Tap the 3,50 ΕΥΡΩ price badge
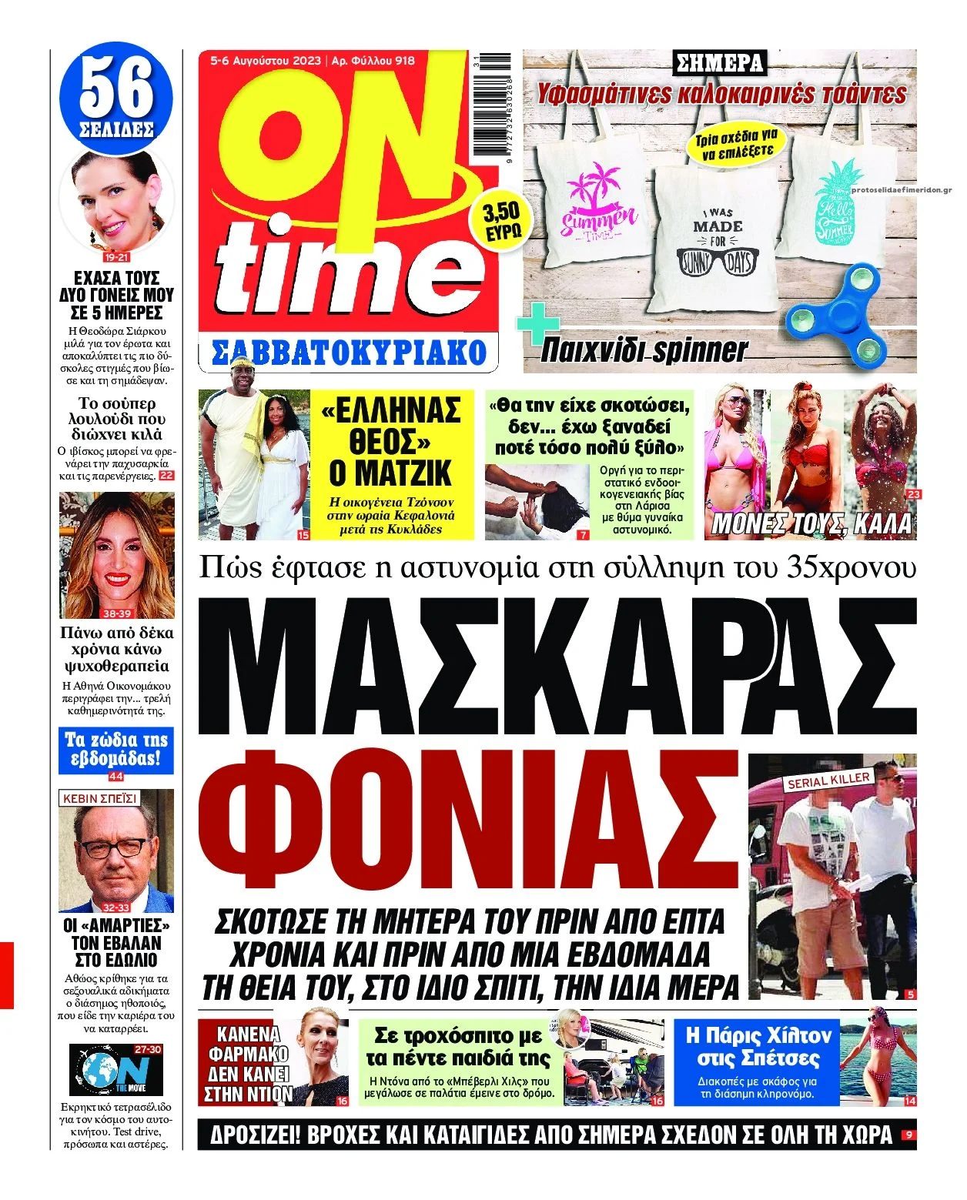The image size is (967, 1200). click(x=501, y=220)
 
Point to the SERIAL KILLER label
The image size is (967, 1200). click(x=828, y=780)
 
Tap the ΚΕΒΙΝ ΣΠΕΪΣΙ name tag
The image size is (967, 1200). click(x=99, y=798)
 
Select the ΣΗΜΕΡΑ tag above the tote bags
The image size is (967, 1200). click(x=719, y=62)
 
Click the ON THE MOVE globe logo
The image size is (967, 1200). click(x=115, y=1069)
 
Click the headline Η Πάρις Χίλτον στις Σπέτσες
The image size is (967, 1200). click(x=758, y=1046)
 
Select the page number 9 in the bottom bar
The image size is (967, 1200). click(x=908, y=1135)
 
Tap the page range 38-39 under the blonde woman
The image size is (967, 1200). click(x=117, y=613)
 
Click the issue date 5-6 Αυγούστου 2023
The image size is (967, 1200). click(x=266, y=60)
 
